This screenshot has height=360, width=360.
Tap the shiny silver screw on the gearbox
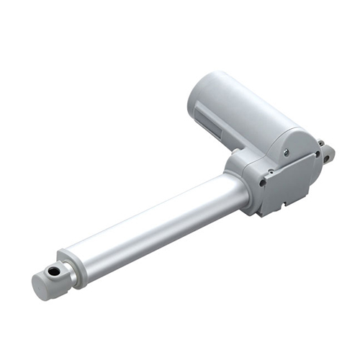pos(287,152)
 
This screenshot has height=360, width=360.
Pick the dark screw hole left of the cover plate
pos(261,183)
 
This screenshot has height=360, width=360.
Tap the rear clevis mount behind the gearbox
pos(328,153)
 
